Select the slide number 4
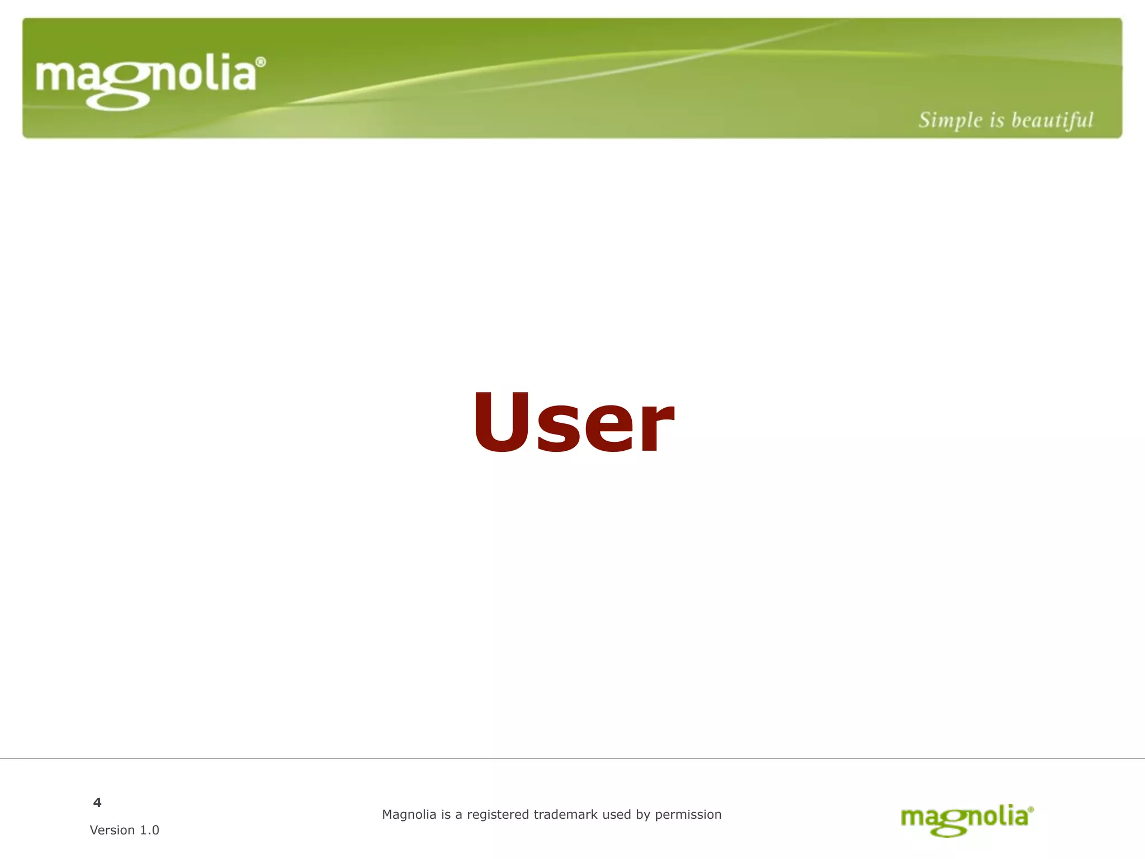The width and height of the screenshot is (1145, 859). click(x=97, y=803)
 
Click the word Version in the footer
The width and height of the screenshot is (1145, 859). click(x=112, y=830)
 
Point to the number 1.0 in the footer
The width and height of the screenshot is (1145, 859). click(x=149, y=830)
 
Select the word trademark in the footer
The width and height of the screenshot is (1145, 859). click(x=565, y=815)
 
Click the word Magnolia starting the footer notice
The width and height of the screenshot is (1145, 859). click(x=409, y=815)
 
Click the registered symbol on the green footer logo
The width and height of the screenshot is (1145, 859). click(x=1031, y=809)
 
